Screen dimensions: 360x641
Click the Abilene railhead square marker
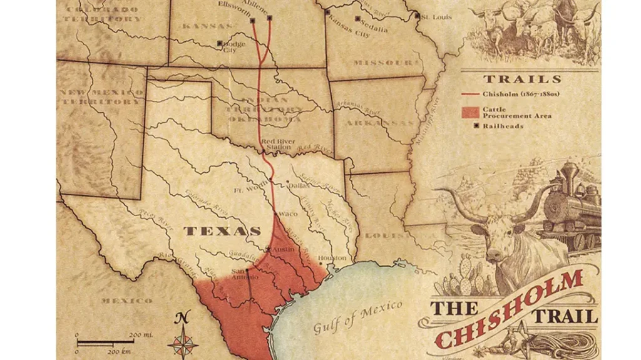point(270,18)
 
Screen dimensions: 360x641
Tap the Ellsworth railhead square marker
point(253,21)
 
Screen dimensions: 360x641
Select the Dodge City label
point(232,46)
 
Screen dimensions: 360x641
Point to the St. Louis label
point(436,17)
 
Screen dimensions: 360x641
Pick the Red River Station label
point(276,145)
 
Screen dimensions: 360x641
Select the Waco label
point(288,214)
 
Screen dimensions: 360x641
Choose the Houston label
point(332,258)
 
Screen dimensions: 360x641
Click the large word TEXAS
point(222,231)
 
